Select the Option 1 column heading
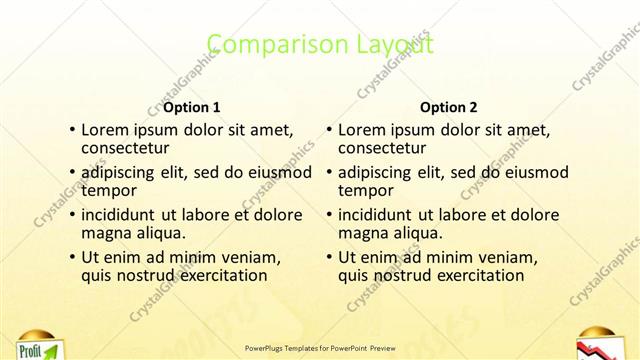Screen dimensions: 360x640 pyautogui.click(x=192, y=107)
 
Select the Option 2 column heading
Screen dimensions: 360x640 pyautogui.click(x=449, y=107)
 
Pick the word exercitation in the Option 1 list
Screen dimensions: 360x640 pyautogui.click(x=220, y=275)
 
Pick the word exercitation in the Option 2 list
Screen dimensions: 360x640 pyautogui.click(x=477, y=275)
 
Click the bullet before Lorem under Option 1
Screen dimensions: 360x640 pyautogui.click(x=72, y=130)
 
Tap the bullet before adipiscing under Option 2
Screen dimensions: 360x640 pyautogui.click(x=329, y=172)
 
